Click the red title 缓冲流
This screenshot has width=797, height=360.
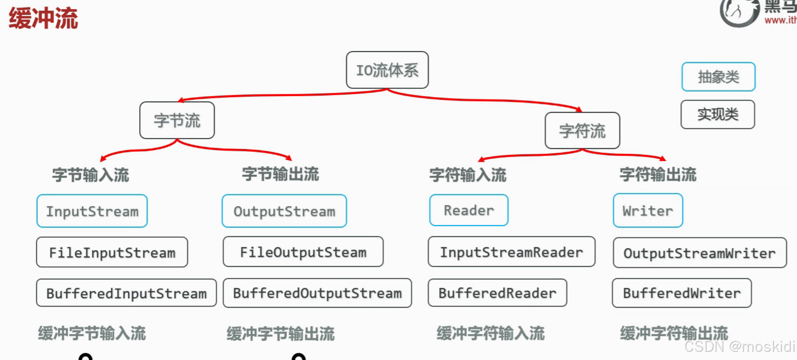pyautogui.click(x=43, y=18)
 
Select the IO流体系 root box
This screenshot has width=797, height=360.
pyautogui.click(x=387, y=70)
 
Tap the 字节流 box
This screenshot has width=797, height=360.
pyautogui.click(x=177, y=120)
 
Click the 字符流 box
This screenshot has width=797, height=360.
pyautogui.click(x=582, y=130)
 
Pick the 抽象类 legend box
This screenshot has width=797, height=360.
pyautogui.click(x=718, y=77)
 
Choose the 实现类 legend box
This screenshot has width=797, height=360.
pyautogui.click(x=718, y=114)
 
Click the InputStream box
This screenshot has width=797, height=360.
pyautogui.click(x=92, y=211)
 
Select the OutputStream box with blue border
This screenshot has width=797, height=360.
pyautogui.click(x=284, y=211)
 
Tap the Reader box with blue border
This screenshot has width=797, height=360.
pyautogui.click(x=469, y=210)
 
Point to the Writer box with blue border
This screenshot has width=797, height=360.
pyautogui.click(x=648, y=211)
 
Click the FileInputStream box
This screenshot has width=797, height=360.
pyautogui.click(x=112, y=252)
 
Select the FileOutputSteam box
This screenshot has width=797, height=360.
pyautogui.click(x=303, y=252)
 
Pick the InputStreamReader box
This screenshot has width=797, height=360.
pyautogui.click(x=511, y=252)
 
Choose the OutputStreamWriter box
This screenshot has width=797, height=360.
pyautogui.click(x=699, y=253)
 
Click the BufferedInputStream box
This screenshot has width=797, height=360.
pyautogui.click(x=126, y=293)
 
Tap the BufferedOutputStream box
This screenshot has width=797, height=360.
pyautogui.click(x=317, y=293)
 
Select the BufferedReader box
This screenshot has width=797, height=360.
pyautogui.click(x=497, y=293)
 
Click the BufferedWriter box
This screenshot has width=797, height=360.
pyautogui.click(x=681, y=293)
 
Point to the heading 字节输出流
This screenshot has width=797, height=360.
pyautogui.click(x=280, y=174)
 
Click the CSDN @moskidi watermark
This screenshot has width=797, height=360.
pyautogui.click(x=739, y=346)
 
